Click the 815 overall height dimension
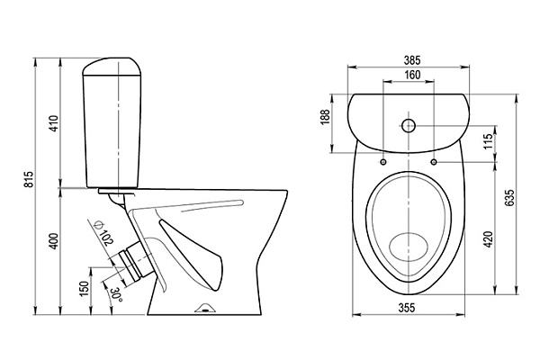click(x=30, y=179)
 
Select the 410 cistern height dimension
click(x=55, y=123)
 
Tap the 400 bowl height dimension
click(x=55, y=241)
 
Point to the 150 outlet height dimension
click(x=85, y=289)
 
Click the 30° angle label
click(x=116, y=295)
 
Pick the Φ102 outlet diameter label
click(x=103, y=233)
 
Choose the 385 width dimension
click(x=412, y=60)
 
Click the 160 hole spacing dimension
click(x=412, y=75)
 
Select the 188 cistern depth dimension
click(x=326, y=117)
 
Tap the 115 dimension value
click(x=488, y=141)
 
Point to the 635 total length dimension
click(x=509, y=197)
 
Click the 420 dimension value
click(x=488, y=239)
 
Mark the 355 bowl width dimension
click(x=407, y=308)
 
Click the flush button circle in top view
click(x=409, y=125)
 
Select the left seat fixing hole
click(x=383, y=162)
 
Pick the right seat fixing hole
click(x=434, y=161)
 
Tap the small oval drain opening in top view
click(x=409, y=247)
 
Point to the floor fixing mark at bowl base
click(x=205, y=309)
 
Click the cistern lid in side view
click(x=112, y=66)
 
